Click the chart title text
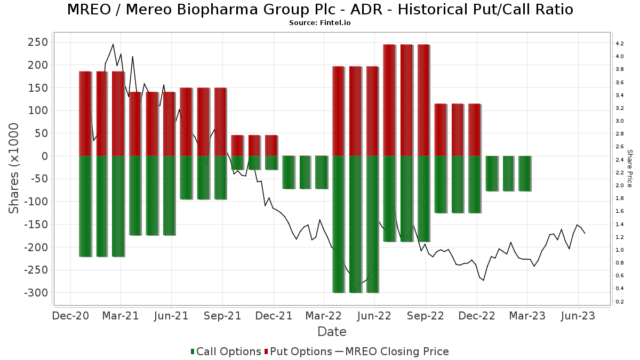(x=320, y=10)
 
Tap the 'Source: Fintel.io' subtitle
(x=320, y=23)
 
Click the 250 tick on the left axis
(x=37, y=42)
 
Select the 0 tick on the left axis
(x=44, y=156)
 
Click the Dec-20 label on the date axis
(x=70, y=316)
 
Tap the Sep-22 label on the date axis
(x=426, y=316)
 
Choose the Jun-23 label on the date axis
(x=578, y=316)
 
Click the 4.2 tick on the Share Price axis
(x=620, y=43)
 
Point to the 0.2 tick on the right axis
(x=620, y=301)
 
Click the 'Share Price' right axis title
(x=629, y=168)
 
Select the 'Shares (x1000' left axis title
(x=14, y=168)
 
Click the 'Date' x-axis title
(x=332, y=332)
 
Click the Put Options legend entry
(x=301, y=351)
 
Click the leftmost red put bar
(x=85, y=113)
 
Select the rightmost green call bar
(x=525, y=173)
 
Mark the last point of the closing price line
(x=585, y=234)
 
